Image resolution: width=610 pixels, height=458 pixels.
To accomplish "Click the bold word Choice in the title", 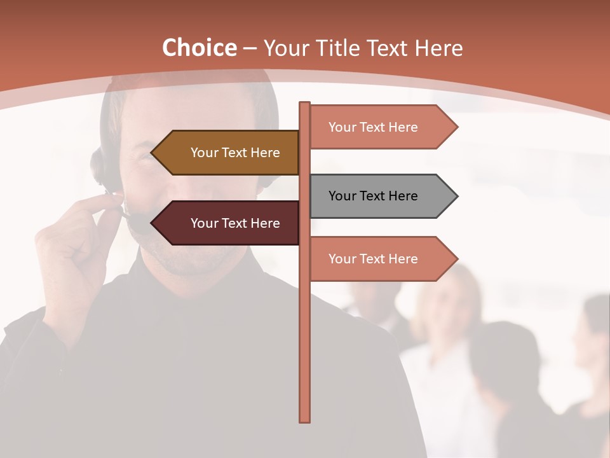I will [199, 48].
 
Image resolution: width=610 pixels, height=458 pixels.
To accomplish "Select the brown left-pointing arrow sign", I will [229, 153].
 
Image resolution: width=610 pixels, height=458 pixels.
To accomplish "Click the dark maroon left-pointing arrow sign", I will [229, 223].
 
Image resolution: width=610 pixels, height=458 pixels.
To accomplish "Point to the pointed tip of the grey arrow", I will [456, 196].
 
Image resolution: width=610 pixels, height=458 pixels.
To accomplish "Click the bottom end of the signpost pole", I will [305, 420].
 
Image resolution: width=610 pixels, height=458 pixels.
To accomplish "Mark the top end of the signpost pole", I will [305, 104].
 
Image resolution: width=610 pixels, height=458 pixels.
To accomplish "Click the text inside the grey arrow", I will [373, 196].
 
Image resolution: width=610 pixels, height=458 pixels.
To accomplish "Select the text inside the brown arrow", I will [235, 153].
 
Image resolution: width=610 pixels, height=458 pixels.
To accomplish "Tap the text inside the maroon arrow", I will [235, 223].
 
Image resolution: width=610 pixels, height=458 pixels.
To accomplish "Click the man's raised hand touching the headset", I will [76, 235].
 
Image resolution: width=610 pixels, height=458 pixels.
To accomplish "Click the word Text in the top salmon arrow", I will [373, 127].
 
